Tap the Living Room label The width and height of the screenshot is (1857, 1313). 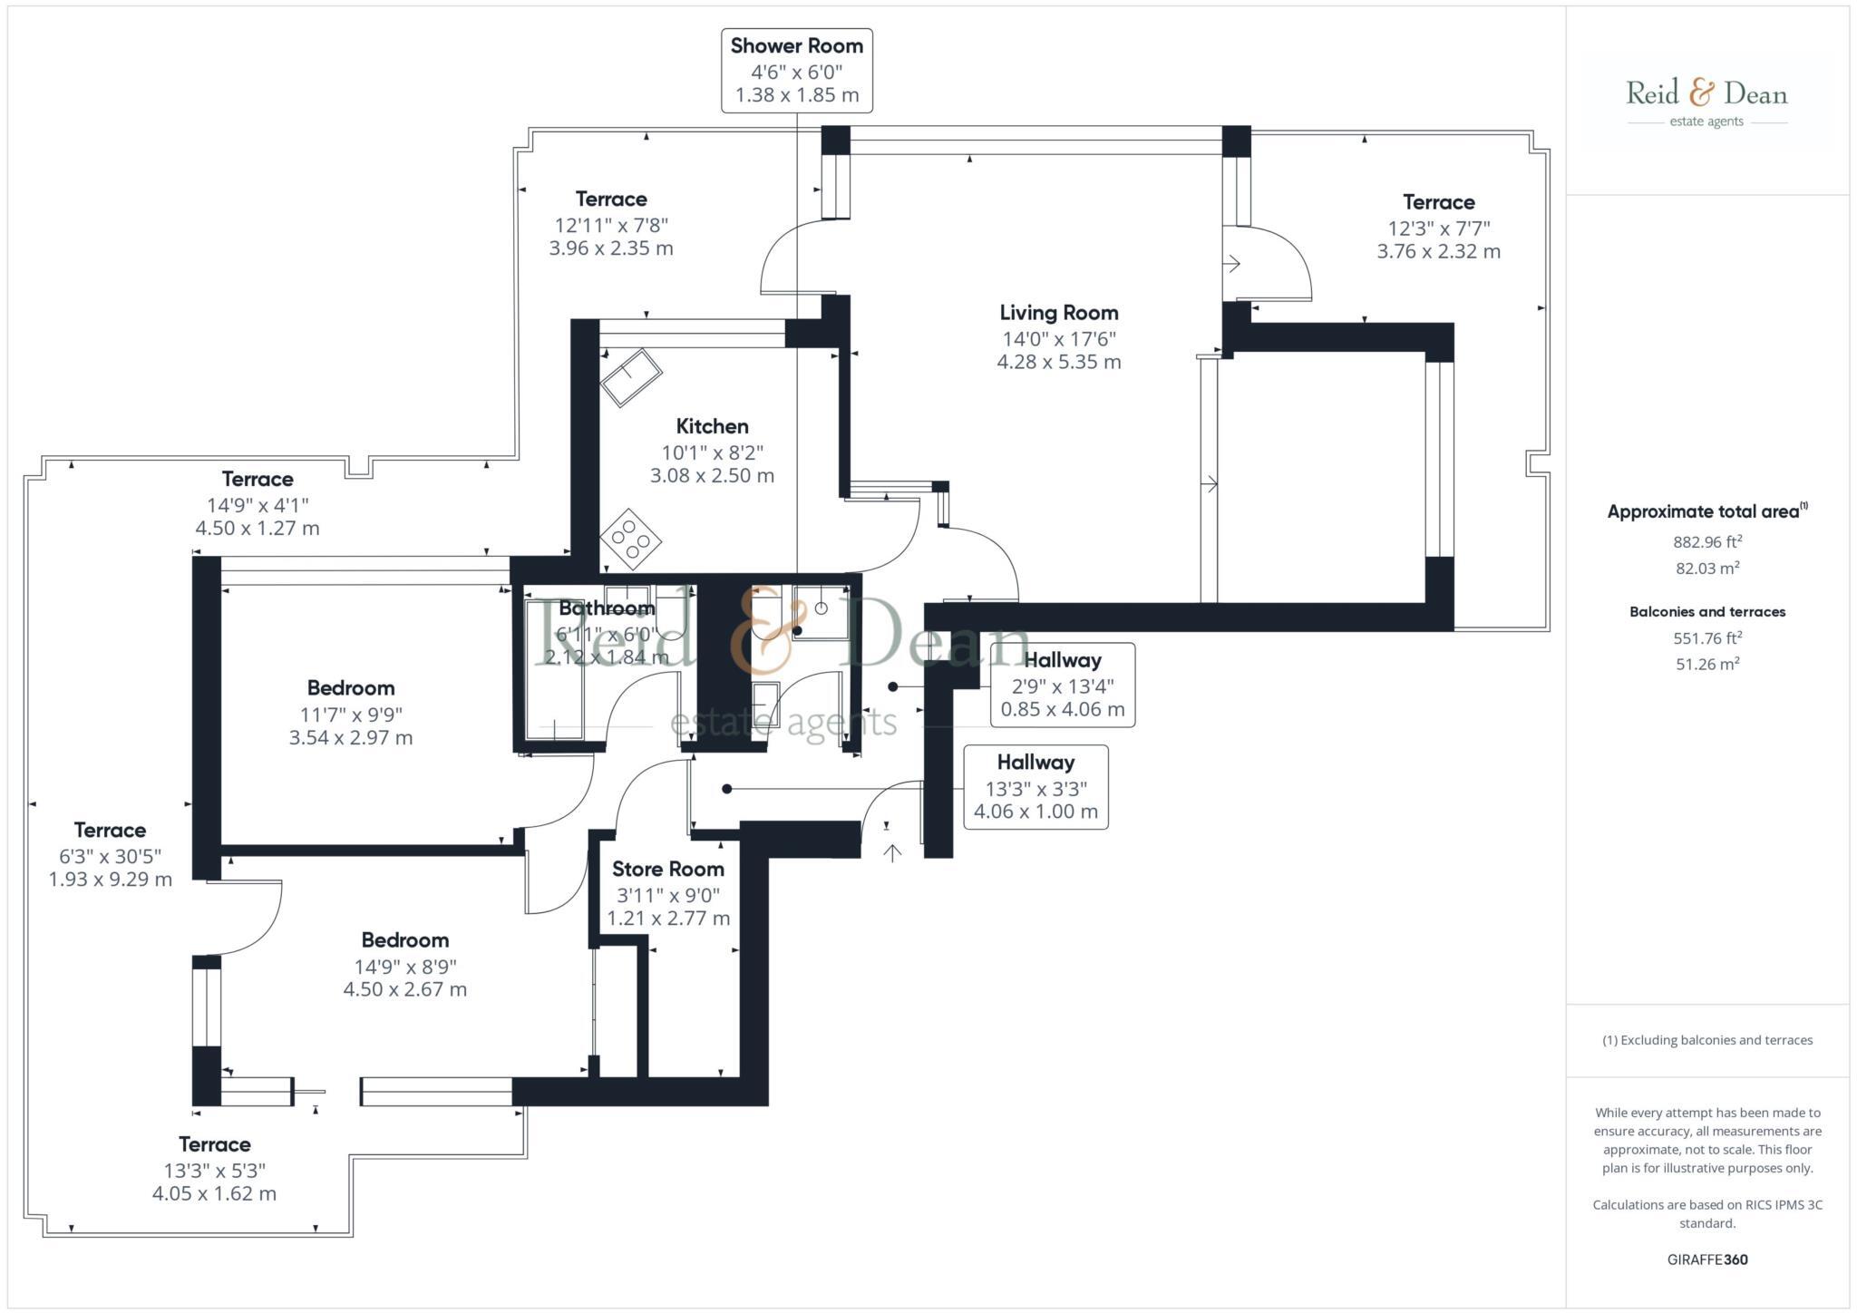(x=1058, y=313)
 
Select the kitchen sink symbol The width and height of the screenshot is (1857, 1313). (x=630, y=377)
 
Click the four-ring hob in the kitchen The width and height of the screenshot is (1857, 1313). (x=630, y=539)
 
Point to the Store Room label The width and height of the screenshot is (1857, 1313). (x=667, y=869)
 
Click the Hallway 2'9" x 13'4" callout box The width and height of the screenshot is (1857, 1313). (x=1062, y=685)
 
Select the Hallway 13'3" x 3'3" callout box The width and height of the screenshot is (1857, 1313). (x=1035, y=786)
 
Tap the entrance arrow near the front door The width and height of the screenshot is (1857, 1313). (x=892, y=851)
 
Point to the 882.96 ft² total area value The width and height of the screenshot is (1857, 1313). (x=1706, y=542)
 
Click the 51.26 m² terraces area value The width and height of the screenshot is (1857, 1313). (x=1706, y=664)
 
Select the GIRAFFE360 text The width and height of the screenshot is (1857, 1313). (x=1706, y=1260)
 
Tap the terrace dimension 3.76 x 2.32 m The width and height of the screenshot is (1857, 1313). (x=1438, y=252)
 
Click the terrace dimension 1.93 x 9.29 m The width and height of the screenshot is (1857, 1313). (x=110, y=879)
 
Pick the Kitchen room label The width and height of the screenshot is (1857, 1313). (x=712, y=426)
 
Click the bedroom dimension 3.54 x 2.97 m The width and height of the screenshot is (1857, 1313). (x=350, y=737)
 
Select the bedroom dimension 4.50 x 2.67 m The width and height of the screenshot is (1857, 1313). (x=404, y=989)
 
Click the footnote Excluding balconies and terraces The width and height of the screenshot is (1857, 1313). (x=1706, y=1040)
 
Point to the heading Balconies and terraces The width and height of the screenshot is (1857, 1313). (x=1706, y=612)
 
